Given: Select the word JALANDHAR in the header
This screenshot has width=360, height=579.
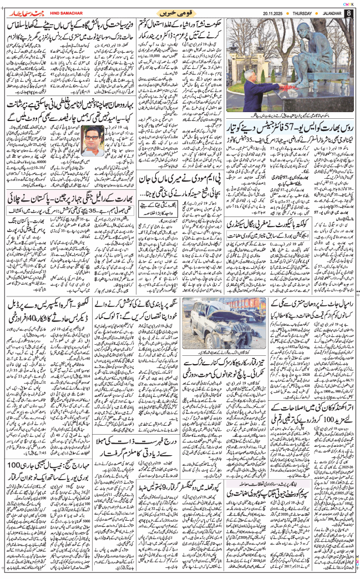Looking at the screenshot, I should click(326, 13).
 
